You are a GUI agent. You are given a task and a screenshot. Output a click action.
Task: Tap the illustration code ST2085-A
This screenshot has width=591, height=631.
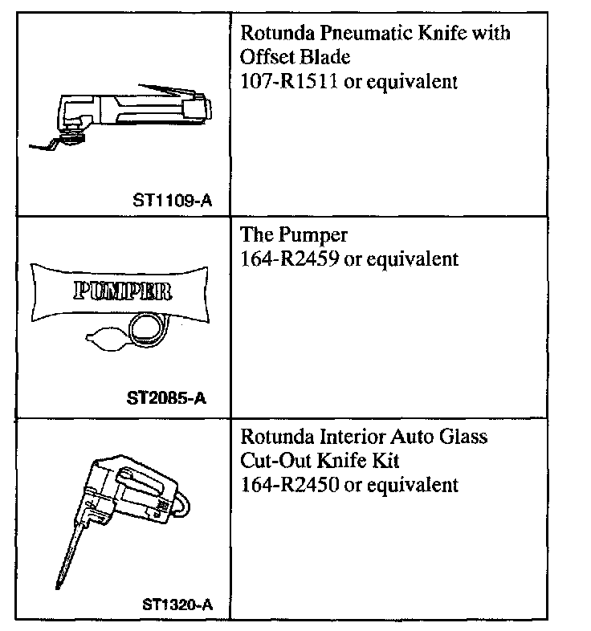click(x=167, y=397)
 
